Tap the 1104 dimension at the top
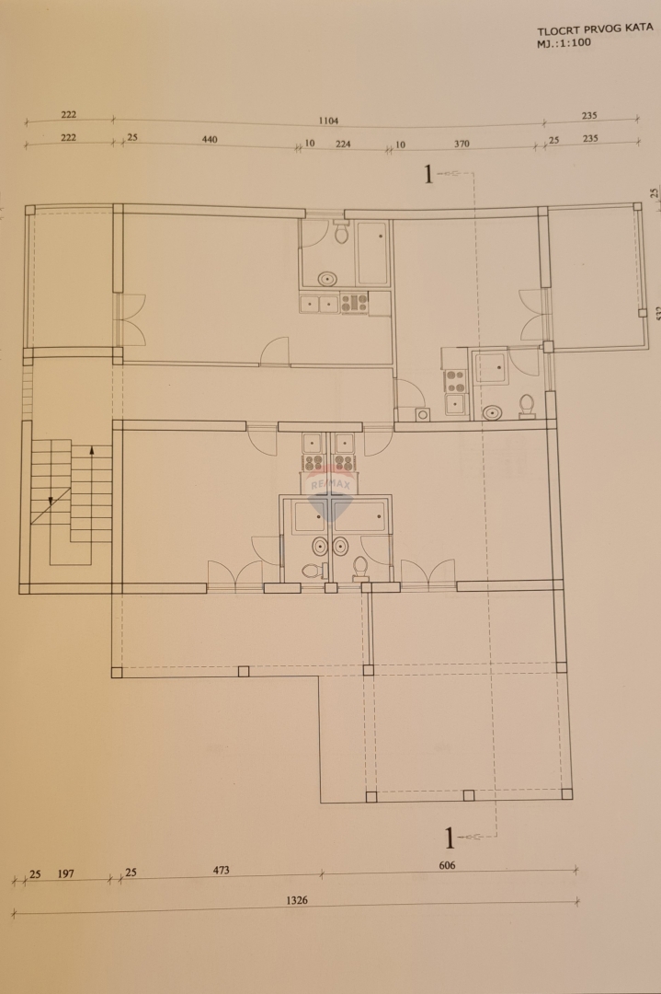(x=328, y=121)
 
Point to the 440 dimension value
(x=209, y=140)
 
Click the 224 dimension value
(x=343, y=144)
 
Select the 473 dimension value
(x=220, y=870)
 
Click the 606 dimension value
(x=448, y=865)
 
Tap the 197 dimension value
(x=66, y=873)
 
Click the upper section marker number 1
(x=427, y=174)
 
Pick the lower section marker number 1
(x=450, y=838)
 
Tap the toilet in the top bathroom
(x=341, y=234)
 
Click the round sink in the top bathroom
(x=327, y=278)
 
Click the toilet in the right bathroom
(x=528, y=406)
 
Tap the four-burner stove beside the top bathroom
(x=354, y=302)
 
